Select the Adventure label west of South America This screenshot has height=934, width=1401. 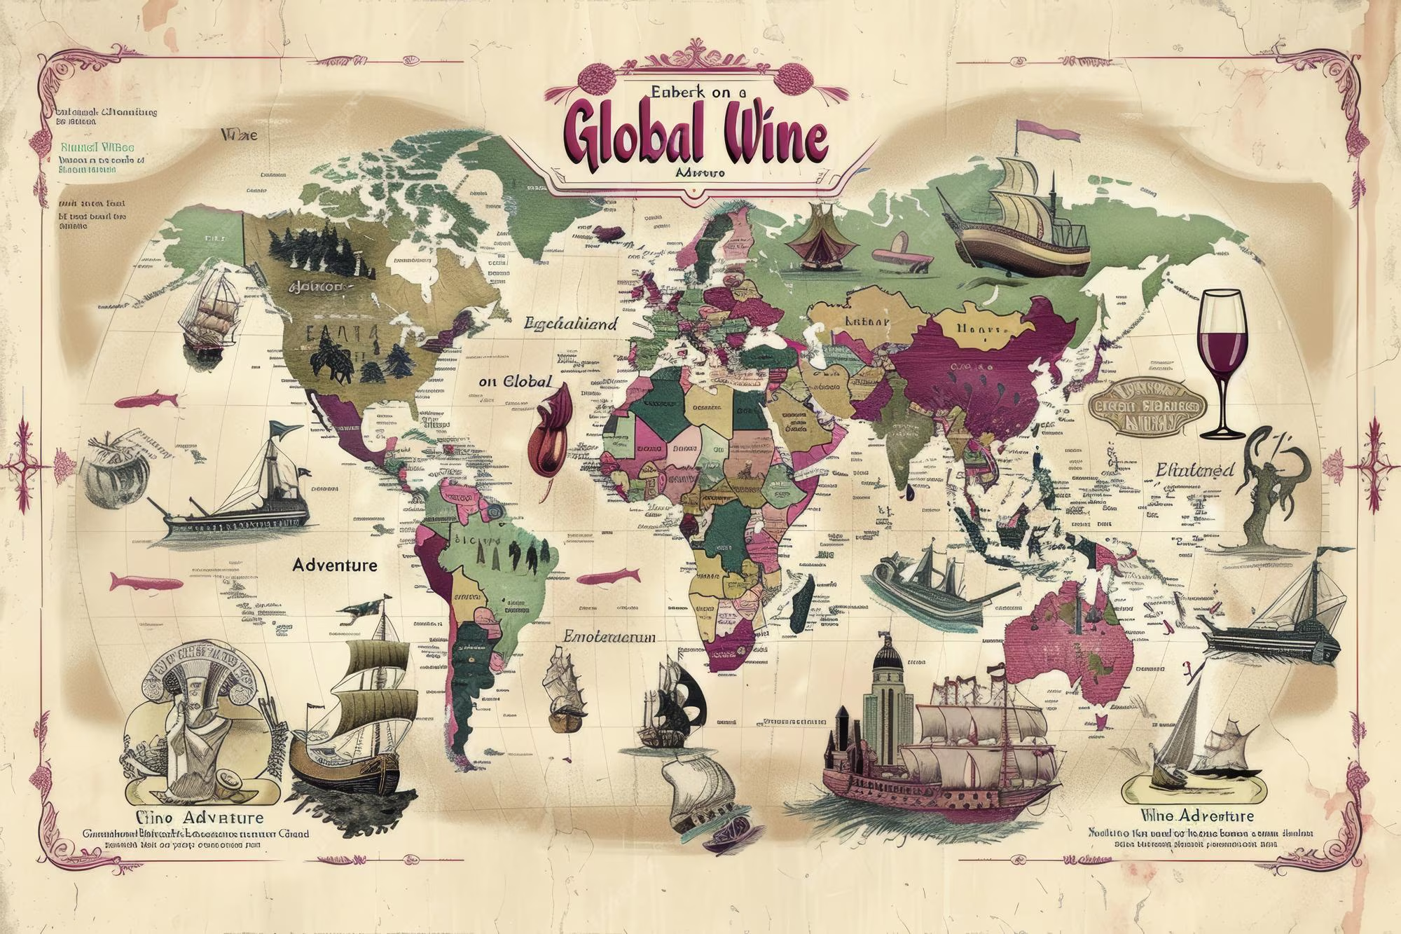click(x=335, y=565)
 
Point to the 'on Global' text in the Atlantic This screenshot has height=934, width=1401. click(x=516, y=383)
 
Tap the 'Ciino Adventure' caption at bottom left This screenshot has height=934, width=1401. click(x=200, y=818)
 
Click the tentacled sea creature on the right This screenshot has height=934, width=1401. click(x=1267, y=490)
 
